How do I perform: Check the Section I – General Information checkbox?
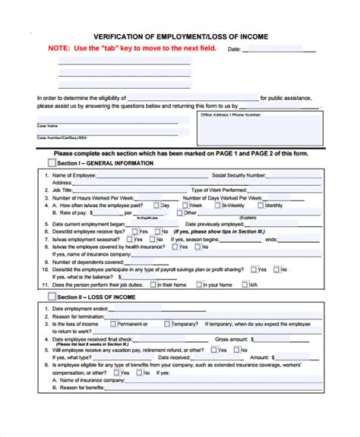coord(52,163)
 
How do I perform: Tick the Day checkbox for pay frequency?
coord(156,205)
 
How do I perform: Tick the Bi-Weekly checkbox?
coord(214,205)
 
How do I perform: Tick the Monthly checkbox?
coord(261,205)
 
